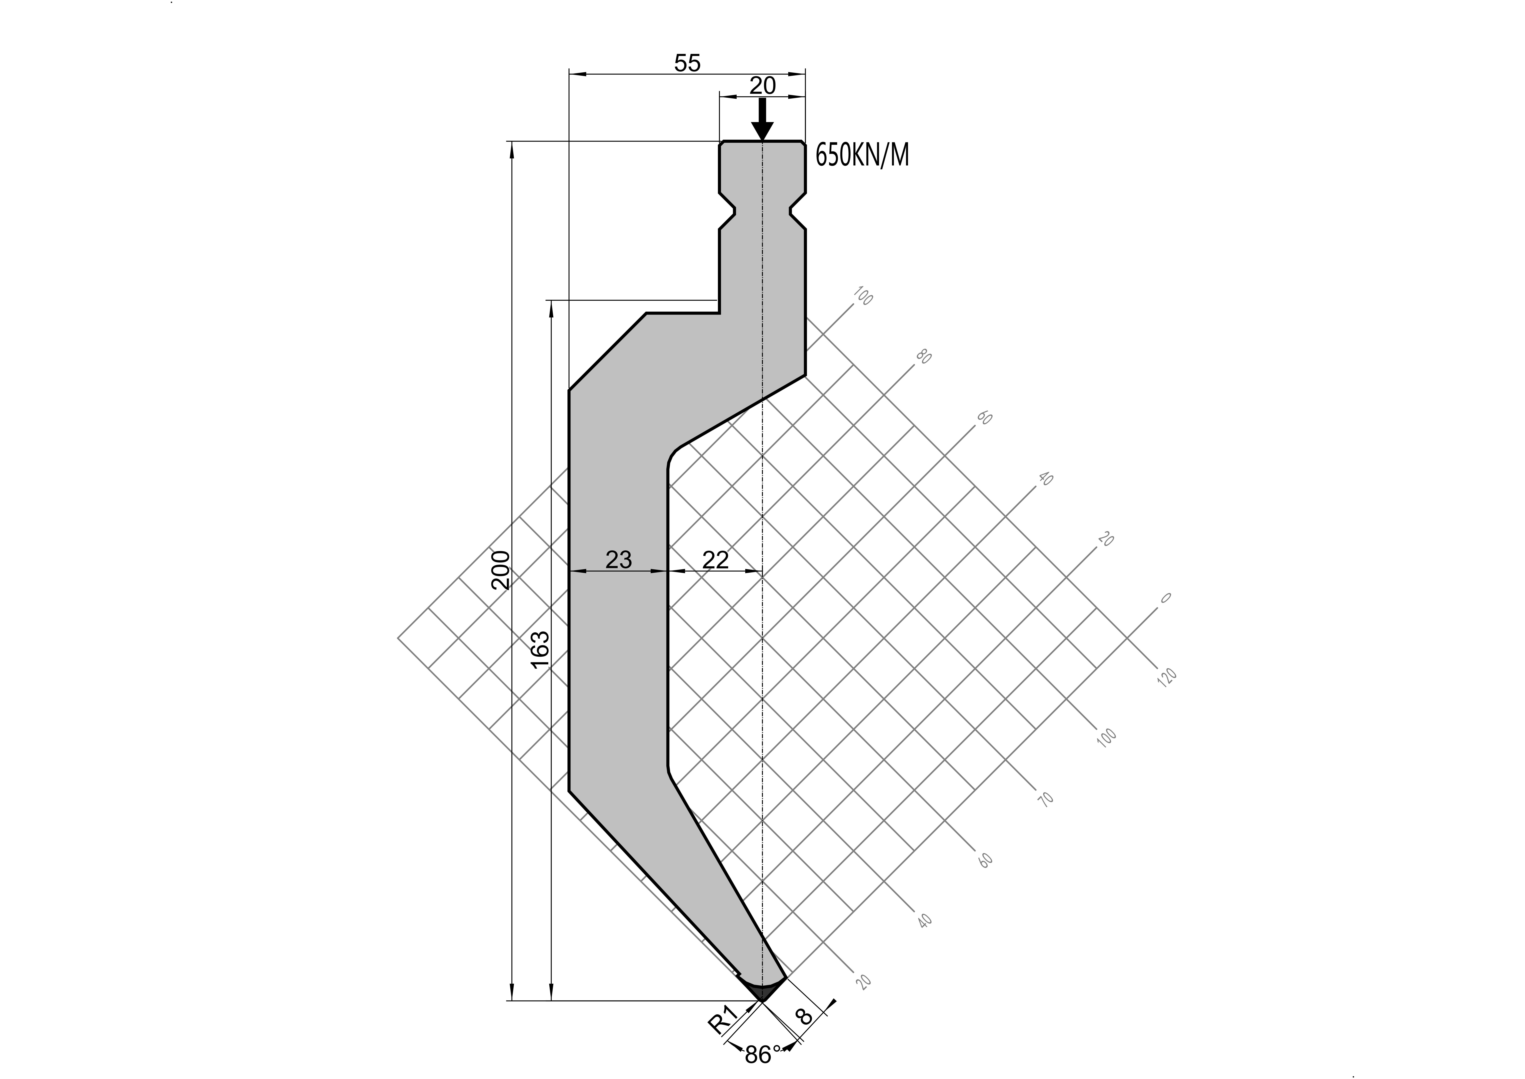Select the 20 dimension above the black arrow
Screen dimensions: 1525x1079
click(x=763, y=86)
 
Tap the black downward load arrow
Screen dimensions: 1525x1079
click(x=763, y=120)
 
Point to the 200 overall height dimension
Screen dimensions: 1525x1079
click(x=501, y=570)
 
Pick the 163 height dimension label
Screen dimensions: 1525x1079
click(x=540, y=653)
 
